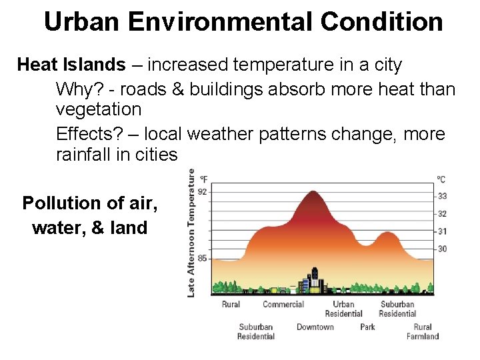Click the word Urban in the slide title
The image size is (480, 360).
click(82, 22)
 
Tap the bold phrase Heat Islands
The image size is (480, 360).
click(71, 65)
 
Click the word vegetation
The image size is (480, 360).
click(99, 109)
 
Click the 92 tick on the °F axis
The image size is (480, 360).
click(203, 191)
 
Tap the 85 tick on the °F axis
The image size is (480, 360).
click(203, 258)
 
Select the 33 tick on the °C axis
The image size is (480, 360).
click(442, 196)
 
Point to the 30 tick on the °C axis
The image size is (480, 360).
click(442, 249)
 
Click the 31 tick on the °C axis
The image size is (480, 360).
click(442, 231)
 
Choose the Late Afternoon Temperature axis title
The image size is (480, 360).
click(191, 232)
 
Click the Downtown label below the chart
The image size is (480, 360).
click(315, 327)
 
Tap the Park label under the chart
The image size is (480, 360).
click(367, 327)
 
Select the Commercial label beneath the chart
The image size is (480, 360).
click(283, 305)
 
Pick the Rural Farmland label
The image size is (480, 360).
click(423, 331)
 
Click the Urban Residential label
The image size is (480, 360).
click(344, 309)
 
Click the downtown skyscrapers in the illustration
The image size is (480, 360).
click(313, 280)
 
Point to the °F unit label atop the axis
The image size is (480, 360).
click(203, 179)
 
